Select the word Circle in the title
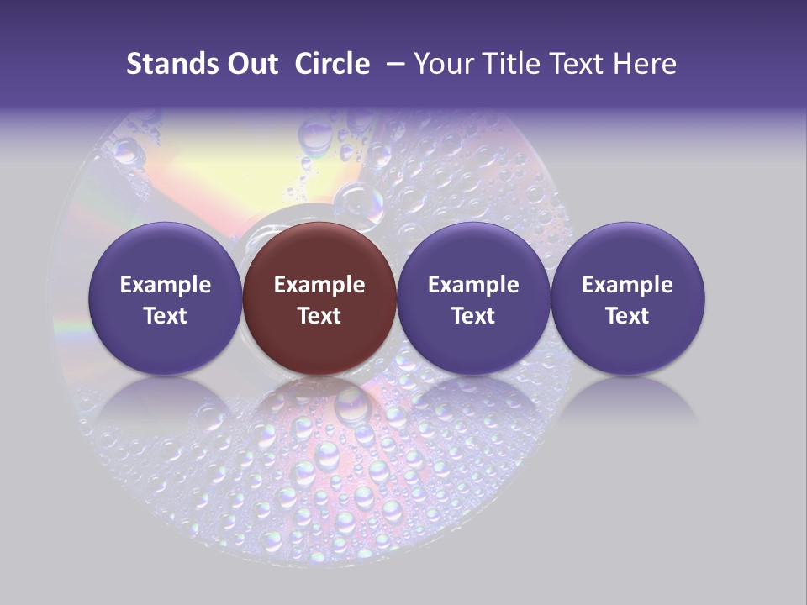[331, 64]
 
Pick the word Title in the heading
[514, 64]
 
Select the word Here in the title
[645, 64]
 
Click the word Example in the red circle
[319, 285]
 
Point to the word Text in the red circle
[319, 316]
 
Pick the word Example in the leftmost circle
[166, 285]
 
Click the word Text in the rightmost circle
[627, 316]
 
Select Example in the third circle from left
[473, 285]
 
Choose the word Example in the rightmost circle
[627, 285]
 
